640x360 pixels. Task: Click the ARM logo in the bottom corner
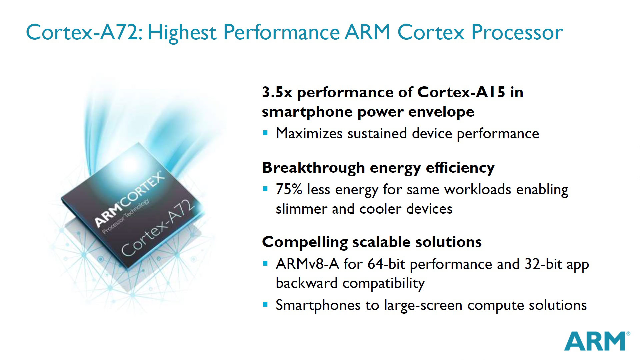(595, 341)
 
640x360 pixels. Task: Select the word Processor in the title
(517, 33)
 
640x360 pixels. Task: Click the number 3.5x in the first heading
(277, 92)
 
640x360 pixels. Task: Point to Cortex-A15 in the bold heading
(461, 92)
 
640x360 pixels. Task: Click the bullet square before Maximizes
(265, 133)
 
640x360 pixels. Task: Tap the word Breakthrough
(313, 167)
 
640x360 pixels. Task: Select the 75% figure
(289, 189)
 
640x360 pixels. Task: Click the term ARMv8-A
(307, 264)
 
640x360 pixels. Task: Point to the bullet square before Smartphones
(265, 304)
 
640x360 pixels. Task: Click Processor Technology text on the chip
(125, 217)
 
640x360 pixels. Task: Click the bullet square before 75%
(265, 189)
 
